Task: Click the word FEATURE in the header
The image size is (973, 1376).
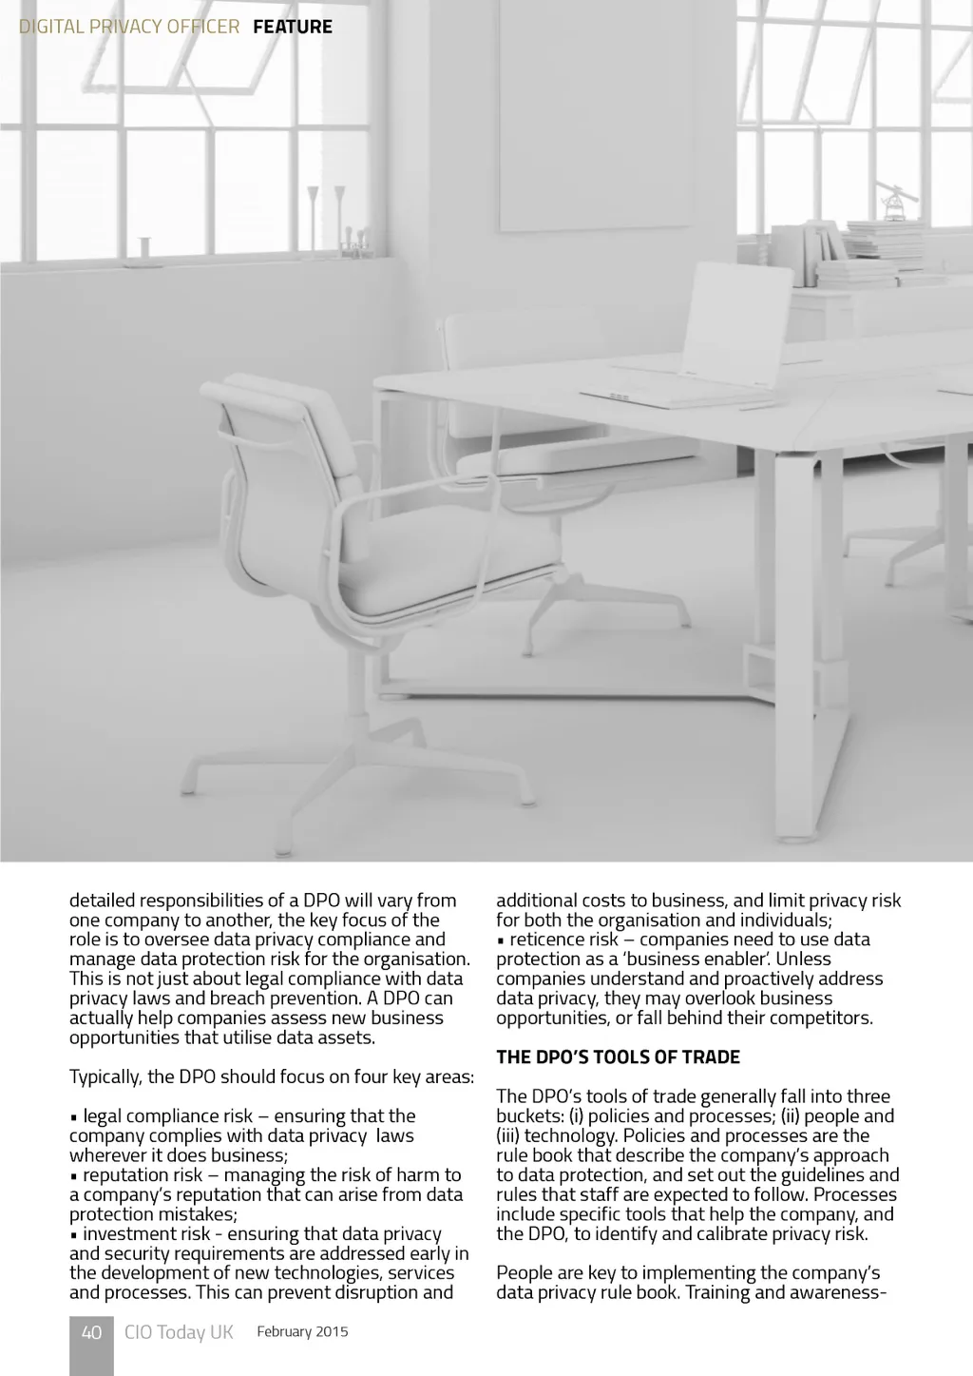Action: pyautogui.click(x=293, y=27)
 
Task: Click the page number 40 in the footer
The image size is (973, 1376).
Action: pyautogui.click(x=91, y=1332)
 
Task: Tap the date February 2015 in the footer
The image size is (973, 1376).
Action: pyautogui.click(x=302, y=1331)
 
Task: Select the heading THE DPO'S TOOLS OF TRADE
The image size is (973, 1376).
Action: pyautogui.click(x=618, y=1057)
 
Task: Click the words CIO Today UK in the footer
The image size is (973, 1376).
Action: pyautogui.click(x=179, y=1332)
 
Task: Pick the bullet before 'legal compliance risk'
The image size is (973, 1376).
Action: pyautogui.click(x=73, y=1117)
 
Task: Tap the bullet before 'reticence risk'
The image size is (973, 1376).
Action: pyautogui.click(x=500, y=940)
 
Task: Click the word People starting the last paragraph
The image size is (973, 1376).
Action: pyautogui.click(x=524, y=1273)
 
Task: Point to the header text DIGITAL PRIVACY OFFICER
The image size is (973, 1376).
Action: pyautogui.click(x=129, y=27)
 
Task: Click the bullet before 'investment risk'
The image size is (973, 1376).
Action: pyautogui.click(x=73, y=1235)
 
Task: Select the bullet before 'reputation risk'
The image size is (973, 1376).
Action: pyautogui.click(x=73, y=1176)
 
